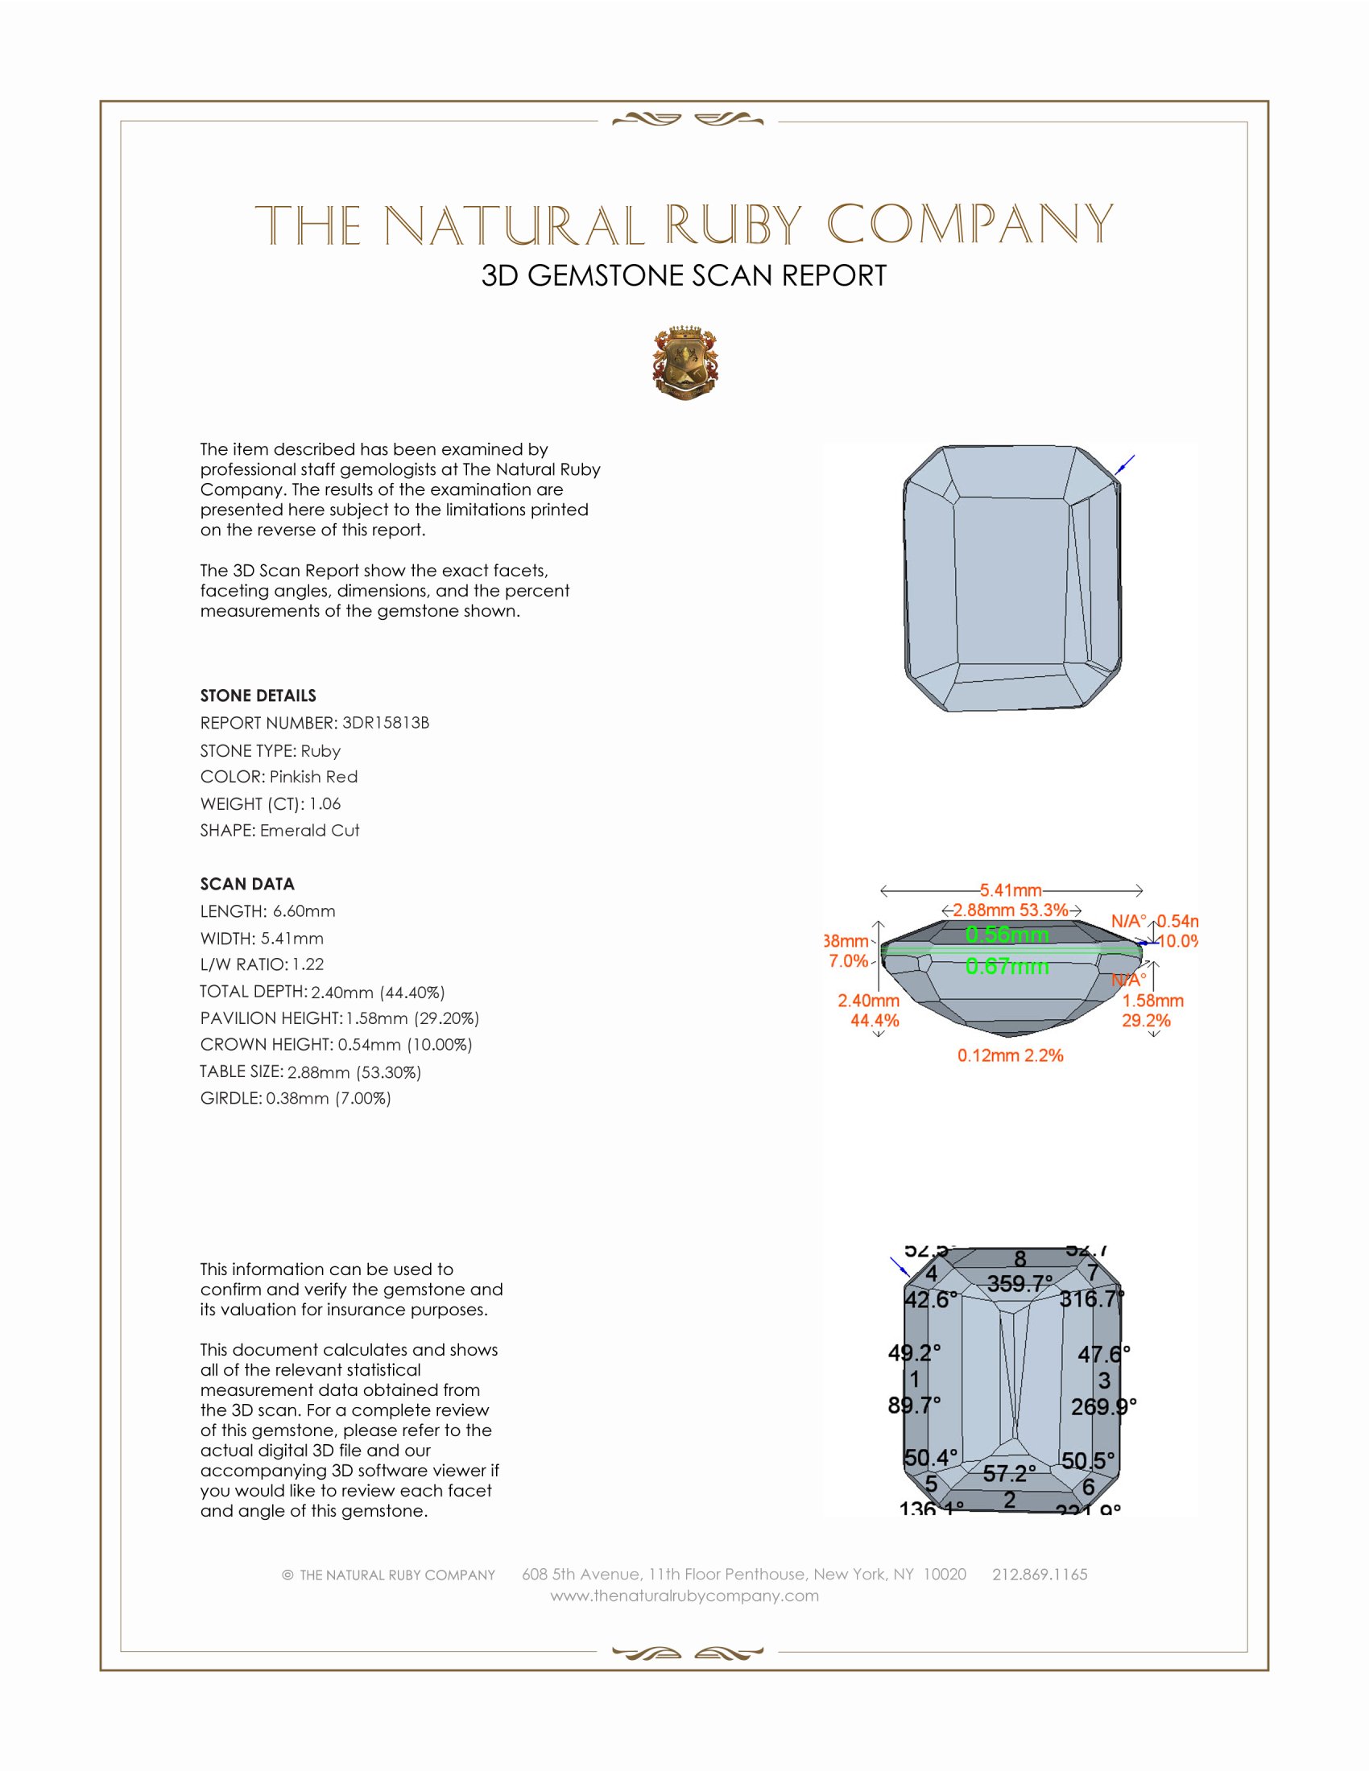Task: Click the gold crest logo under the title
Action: [684, 364]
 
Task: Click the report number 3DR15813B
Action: [385, 723]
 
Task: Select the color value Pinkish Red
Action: [313, 777]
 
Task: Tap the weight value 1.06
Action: [325, 803]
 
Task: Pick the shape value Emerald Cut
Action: [309, 831]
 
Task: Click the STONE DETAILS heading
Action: [258, 696]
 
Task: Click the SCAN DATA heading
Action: [247, 884]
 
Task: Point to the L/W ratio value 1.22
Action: [308, 964]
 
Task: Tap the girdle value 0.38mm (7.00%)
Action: [329, 1098]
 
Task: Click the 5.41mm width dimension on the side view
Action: [1011, 890]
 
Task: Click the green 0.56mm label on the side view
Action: [1007, 935]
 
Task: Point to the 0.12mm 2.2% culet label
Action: [1010, 1055]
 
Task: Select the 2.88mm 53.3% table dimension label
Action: [1011, 910]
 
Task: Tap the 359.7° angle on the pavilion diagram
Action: [1020, 1284]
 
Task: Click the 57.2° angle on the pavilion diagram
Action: [1010, 1472]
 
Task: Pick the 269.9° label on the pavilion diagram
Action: [1104, 1406]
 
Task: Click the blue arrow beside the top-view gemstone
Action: [1125, 464]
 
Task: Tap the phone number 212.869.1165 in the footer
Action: [1040, 1574]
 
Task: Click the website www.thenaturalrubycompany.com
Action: [684, 1596]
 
